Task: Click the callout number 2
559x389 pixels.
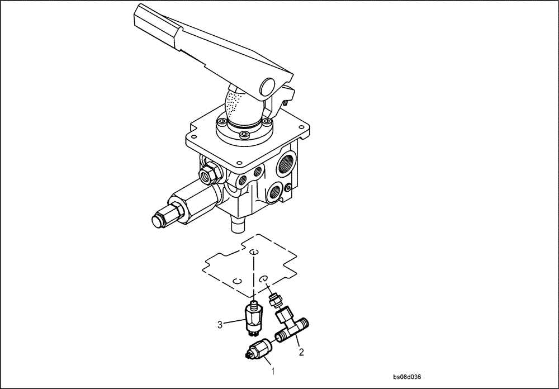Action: click(301, 352)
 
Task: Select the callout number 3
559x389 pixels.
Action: click(220, 324)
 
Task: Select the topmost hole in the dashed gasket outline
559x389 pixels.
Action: click(254, 253)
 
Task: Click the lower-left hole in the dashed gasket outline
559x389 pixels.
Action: click(237, 283)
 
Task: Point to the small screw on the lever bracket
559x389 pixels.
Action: click(287, 102)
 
